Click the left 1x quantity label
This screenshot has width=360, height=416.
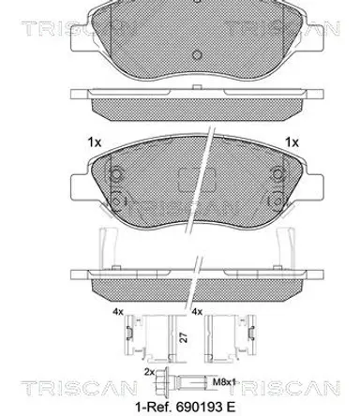click(x=95, y=142)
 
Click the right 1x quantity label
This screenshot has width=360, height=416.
click(x=292, y=142)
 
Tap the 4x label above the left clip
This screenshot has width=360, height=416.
click(x=118, y=312)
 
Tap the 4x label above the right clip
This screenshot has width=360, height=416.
click(x=197, y=312)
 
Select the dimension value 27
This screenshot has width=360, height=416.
click(x=184, y=337)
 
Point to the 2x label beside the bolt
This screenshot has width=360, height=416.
click(x=149, y=372)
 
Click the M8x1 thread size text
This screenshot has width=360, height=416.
click(x=224, y=381)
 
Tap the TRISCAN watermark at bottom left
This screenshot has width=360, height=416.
click(x=79, y=388)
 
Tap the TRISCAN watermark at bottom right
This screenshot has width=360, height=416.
click(x=288, y=388)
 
